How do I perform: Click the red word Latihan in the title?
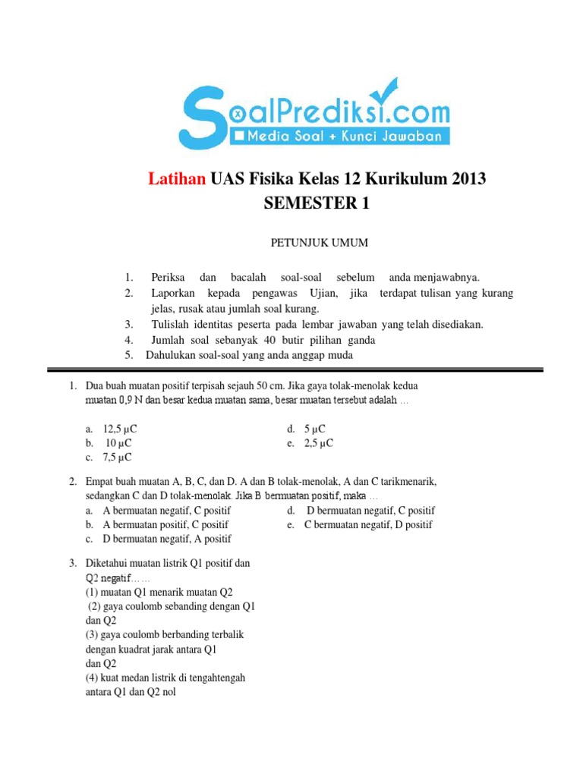(175, 180)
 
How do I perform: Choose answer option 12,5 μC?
(120, 429)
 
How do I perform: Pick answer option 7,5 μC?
(118, 457)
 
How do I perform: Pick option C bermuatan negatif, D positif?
(368, 524)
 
